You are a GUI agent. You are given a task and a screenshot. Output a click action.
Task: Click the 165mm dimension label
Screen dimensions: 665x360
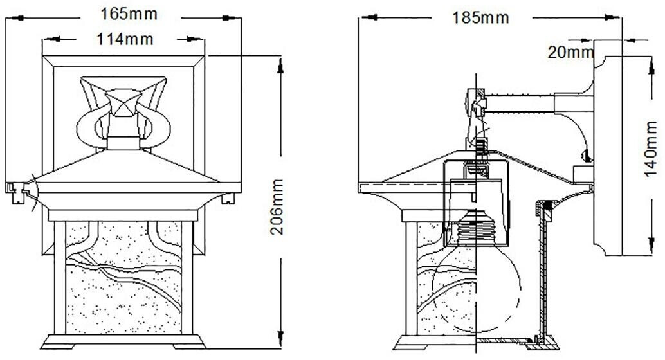tap(129, 14)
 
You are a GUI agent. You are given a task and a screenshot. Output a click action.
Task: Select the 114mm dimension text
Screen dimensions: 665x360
tap(125, 39)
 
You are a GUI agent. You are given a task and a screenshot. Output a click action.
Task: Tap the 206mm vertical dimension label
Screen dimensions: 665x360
tap(277, 207)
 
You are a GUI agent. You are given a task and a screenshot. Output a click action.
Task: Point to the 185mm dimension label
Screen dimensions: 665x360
tap(480, 18)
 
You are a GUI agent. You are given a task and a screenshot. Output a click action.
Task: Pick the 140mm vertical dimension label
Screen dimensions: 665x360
tap(651, 149)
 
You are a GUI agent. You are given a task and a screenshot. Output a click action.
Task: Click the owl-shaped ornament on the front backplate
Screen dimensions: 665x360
tap(123, 113)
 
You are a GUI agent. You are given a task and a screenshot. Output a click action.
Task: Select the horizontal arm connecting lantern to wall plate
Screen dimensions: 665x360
tap(538, 104)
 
